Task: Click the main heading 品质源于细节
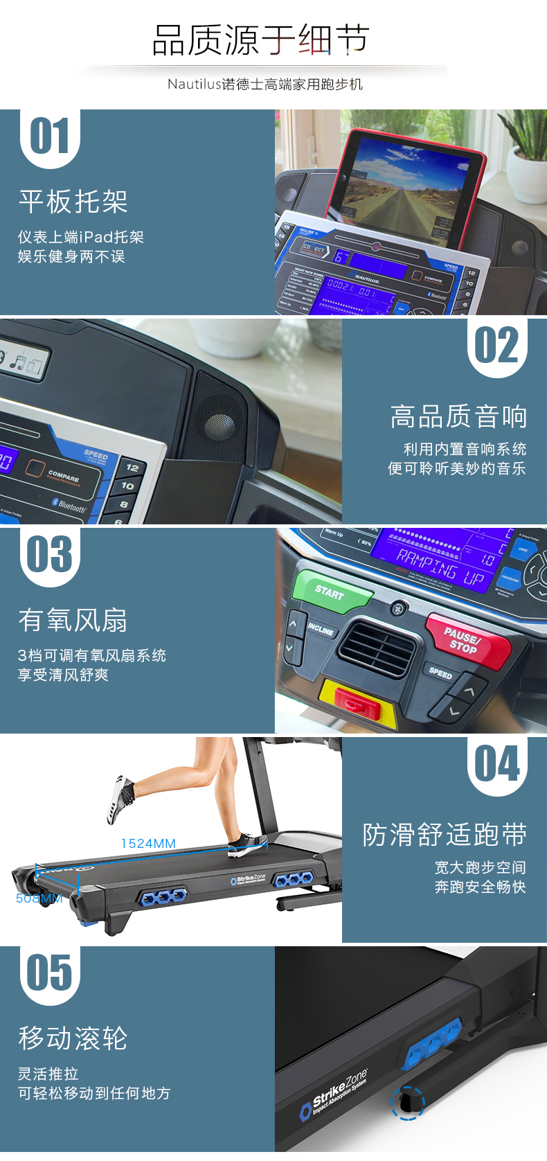coord(260,40)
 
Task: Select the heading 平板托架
coord(73,202)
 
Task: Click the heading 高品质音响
coord(458,417)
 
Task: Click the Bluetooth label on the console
coord(69,505)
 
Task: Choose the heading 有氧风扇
coord(73,620)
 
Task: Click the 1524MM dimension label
coord(148,843)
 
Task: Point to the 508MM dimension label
coord(39,898)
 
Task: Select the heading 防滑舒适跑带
coord(445,835)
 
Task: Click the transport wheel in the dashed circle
coord(407,1101)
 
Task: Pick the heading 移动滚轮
coord(73,1038)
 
